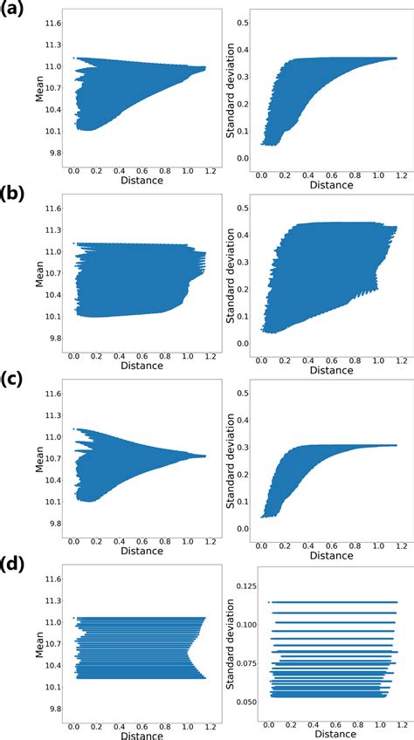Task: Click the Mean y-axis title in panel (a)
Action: [x=39, y=87]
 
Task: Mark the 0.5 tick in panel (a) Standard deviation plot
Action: [x=245, y=19]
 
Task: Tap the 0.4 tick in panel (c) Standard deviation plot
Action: [x=245, y=421]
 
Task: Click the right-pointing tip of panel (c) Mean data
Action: [x=205, y=456]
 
